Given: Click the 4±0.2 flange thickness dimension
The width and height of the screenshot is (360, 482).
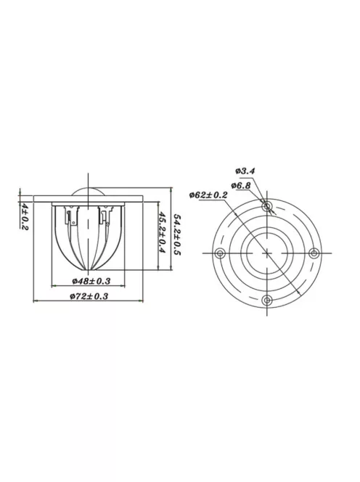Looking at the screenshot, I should point(25,216).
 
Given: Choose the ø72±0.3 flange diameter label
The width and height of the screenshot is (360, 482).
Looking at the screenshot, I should point(90,296).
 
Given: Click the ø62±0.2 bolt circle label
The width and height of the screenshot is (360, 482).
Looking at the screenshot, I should point(208,195).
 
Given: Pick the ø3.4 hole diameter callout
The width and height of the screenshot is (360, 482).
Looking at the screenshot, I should point(245,171).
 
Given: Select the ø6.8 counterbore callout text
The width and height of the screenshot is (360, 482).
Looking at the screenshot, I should point(243,185).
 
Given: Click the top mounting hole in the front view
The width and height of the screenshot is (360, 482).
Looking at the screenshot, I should point(268,206).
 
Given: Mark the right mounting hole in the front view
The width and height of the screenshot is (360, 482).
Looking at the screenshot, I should point(314,253).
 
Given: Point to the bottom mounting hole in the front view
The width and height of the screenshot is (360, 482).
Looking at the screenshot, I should point(268,299).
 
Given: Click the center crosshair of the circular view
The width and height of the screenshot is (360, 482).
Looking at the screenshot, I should point(268,253).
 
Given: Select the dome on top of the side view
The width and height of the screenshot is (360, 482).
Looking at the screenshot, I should point(89,192).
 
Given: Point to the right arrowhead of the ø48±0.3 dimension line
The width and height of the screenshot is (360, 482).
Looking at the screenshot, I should point(125,285).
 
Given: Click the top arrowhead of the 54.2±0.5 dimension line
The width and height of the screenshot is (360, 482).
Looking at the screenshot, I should point(170,187).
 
